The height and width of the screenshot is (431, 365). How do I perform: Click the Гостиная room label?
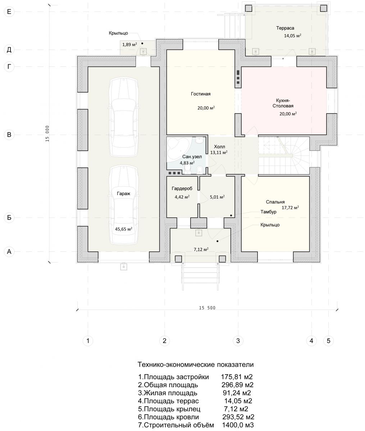pyautogui.click(x=200, y=94)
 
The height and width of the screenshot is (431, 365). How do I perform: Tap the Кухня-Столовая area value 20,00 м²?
pyautogui.click(x=288, y=113)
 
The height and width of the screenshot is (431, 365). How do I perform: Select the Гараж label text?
pyautogui.click(x=123, y=194)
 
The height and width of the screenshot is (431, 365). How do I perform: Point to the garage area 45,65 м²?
pyautogui.click(x=123, y=229)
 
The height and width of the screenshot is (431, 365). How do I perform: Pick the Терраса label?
pyautogui.click(x=285, y=28)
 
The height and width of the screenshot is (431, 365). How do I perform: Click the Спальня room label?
pyautogui.click(x=275, y=202)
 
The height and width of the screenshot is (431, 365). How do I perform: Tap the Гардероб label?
pyautogui.click(x=182, y=189)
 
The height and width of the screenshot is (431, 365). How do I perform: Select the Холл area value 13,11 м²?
pyautogui.click(x=219, y=152)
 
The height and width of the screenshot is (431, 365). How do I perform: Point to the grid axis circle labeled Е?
pyautogui.click(x=9, y=12)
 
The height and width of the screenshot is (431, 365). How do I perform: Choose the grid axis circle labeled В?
pyautogui.click(x=9, y=135)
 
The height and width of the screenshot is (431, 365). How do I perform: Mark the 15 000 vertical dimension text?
pyautogui.click(x=47, y=134)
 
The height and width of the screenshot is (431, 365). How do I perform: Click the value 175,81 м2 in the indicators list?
pyautogui.click(x=237, y=377)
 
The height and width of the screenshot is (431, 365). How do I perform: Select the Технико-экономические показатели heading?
pyautogui.click(x=196, y=365)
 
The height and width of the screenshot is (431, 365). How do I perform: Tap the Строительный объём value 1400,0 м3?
pyautogui.click(x=238, y=425)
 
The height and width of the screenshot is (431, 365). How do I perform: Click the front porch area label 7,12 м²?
pyautogui.click(x=201, y=249)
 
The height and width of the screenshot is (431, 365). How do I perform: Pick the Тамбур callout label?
pyautogui.click(x=268, y=212)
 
